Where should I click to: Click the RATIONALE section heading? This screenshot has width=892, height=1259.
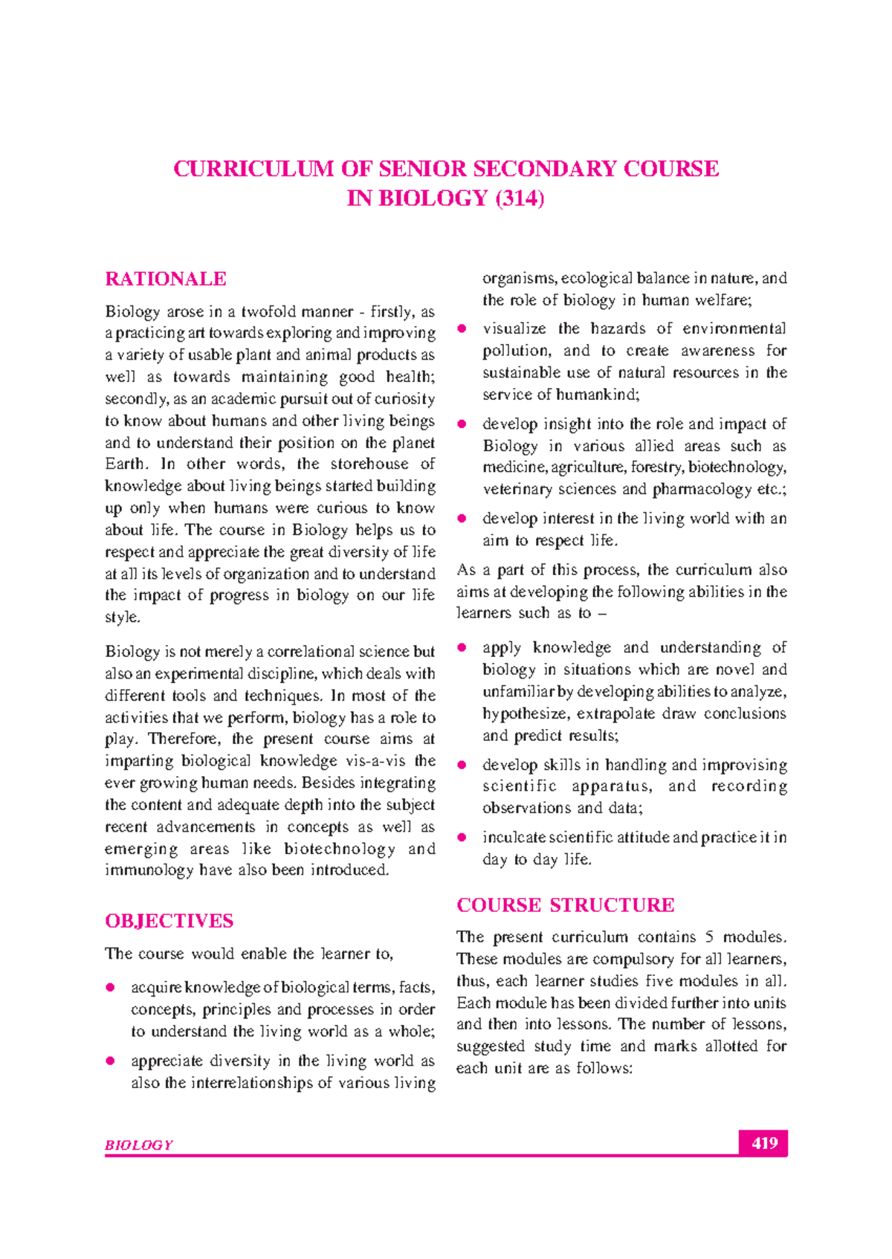click(166, 279)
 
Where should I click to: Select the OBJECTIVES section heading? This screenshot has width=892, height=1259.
click(169, 922)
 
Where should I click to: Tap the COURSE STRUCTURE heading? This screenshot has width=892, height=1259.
click(565, 905)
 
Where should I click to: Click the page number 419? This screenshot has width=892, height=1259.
click(763, 1143)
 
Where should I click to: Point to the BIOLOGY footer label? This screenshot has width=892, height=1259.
click(139, 1145)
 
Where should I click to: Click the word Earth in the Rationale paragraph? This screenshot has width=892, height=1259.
click(126, 465)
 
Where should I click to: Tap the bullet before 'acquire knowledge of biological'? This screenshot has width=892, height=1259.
click(111, 988)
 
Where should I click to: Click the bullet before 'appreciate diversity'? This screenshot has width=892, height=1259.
click(111, 1061)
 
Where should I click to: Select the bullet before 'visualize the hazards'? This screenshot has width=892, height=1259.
click(462, 328)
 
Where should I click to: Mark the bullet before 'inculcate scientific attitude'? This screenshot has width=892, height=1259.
click(462, 838)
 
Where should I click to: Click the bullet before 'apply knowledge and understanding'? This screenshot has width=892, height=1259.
click(462, 648)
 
